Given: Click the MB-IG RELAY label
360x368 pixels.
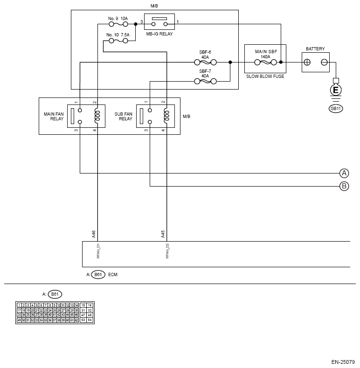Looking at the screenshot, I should click(159, 34).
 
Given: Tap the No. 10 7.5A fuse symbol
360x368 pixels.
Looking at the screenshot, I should click(118, 41).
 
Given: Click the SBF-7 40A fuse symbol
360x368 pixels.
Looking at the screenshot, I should click(205, 81).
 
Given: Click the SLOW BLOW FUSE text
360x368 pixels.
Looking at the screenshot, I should click(264, 76).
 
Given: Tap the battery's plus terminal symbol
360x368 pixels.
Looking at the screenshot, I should click(307, 62).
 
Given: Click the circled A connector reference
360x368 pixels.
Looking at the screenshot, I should click(344, 173).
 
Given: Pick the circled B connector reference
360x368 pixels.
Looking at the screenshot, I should click(344, 187).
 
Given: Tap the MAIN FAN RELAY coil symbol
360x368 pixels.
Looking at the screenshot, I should click(97, 116).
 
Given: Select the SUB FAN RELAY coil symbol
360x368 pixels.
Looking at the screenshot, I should click(166, 116).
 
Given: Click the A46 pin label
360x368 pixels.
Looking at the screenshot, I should click(94, 234).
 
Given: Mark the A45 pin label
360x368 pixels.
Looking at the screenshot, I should click(163, 234).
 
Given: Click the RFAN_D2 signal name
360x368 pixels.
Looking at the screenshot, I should click(167, 251).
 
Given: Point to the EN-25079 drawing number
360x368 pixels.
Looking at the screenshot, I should click(343, 361).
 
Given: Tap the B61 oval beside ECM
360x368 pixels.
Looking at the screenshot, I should click(98, 275).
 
